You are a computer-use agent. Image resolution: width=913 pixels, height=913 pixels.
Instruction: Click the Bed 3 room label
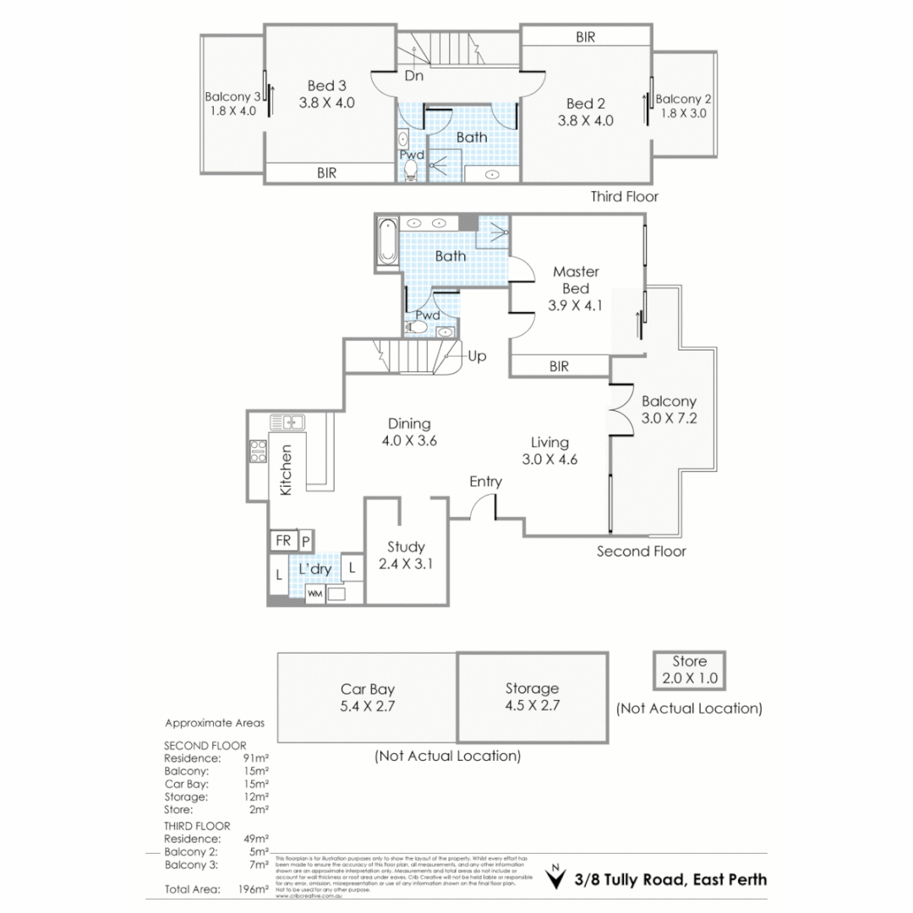326,85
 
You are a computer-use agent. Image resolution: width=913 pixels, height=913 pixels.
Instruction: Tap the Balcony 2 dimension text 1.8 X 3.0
683,113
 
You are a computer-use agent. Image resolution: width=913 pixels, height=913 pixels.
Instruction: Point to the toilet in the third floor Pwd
410,170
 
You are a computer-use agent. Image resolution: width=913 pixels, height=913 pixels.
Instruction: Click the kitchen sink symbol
287,421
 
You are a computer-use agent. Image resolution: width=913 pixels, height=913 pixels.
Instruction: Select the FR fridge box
281,540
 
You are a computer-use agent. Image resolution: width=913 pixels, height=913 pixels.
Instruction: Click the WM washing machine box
314,594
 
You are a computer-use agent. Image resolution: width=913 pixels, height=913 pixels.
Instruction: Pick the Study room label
406,546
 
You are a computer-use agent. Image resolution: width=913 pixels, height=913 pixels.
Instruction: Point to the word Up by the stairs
477,357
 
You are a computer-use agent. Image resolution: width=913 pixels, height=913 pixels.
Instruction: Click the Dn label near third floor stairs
413,76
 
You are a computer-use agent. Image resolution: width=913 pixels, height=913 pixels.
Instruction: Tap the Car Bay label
368,688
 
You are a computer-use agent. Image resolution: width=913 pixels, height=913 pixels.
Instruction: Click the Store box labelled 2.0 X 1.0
689,670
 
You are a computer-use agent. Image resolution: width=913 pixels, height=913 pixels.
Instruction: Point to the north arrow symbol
555,879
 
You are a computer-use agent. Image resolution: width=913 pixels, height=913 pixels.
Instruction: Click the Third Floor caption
624,196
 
